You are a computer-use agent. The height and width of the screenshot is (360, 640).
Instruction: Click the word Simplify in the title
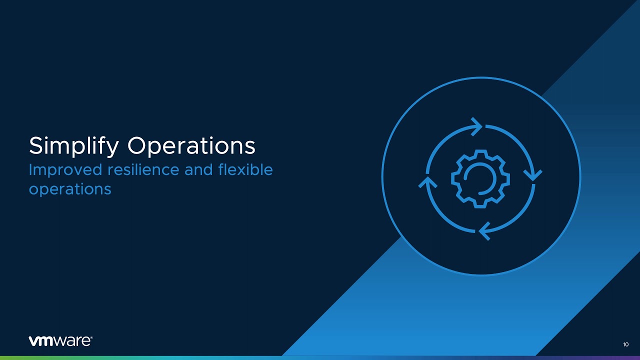pos(73,146)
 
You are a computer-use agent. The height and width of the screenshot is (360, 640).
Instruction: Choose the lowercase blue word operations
pos(70,189)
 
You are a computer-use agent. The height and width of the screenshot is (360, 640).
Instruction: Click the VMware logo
pos(60,341)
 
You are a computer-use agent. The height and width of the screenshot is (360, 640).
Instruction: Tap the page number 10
pos(625,344)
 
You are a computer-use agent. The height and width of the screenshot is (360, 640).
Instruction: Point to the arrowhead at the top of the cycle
pos(476,126)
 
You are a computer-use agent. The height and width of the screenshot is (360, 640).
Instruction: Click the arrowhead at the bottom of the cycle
pos(484,231)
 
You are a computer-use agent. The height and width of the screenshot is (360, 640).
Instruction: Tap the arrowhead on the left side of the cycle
pos(427,182)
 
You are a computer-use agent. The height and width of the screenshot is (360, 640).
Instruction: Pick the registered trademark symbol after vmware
pos(91,338)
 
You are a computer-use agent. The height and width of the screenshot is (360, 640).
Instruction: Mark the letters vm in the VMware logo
pos(43,341)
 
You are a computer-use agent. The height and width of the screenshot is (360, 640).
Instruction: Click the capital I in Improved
pos(30,169)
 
